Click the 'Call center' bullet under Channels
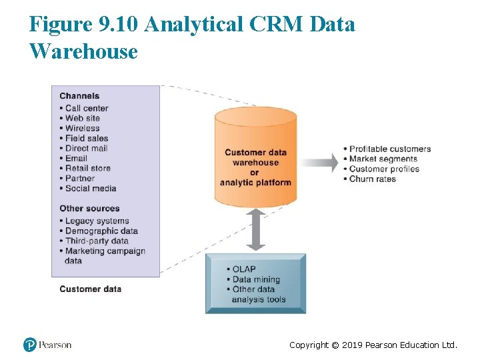coord(86,108)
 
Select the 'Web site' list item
coord(82,118)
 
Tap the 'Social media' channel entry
coord(90,188)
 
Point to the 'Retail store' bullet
coord(87,168)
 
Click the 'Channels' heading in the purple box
coord(79,96)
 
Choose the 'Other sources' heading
coord(89,208)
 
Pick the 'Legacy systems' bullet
coord(97,221)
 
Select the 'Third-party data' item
coord(96,241)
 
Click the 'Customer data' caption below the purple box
coord(90,289)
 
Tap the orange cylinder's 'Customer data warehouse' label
coord(255,157)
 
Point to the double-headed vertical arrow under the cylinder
coord(255,229)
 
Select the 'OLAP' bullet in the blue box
coord(244,269)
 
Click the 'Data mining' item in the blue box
coord(256,279)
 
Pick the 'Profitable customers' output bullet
coord(390,149)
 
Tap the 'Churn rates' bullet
coord(372,179)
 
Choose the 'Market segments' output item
coord(383,159)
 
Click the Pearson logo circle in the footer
coord(30,345)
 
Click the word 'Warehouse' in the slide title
coord(83,51)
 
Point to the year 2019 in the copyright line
coord(352,345)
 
